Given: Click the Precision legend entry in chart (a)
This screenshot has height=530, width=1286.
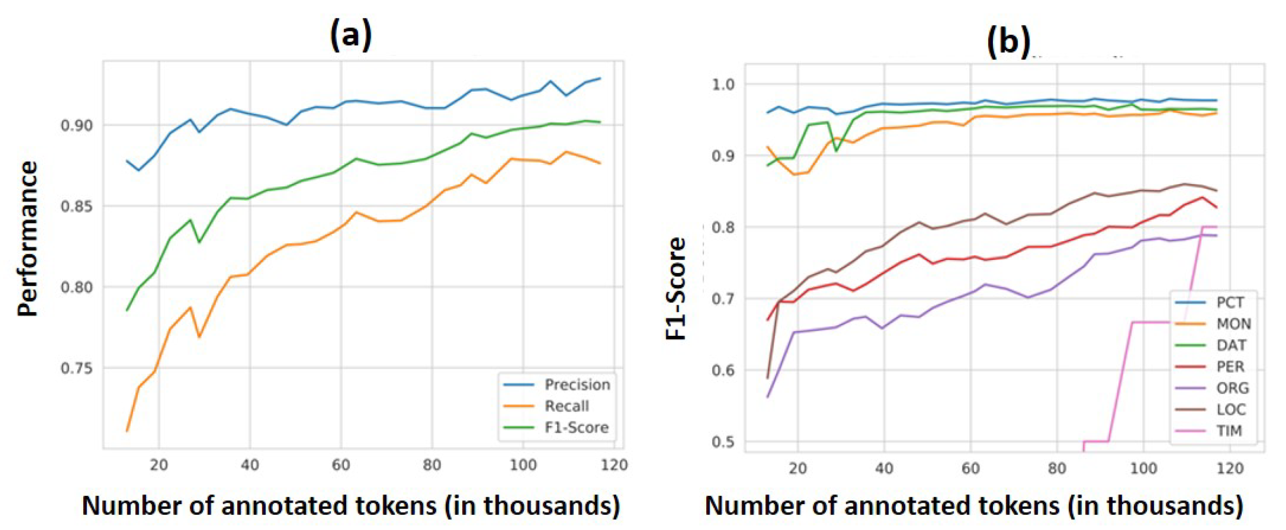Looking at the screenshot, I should tap(576, 384).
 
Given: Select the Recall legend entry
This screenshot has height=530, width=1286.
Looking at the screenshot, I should tap(567, 406).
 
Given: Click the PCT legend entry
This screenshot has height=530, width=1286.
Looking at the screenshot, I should tap(1230, 302).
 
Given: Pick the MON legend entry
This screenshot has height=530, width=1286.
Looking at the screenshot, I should tap(1234, 324).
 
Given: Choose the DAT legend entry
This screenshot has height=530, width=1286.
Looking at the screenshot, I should tap(1231, 345).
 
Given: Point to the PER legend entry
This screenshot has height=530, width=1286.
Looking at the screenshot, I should tap(1230, 367).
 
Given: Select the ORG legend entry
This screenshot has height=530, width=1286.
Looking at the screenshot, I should tap(1232, 388).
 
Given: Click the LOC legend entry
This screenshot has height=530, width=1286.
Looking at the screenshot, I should tap(1231, 410).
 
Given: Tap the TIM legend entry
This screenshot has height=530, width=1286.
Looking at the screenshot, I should tap(1229, 431).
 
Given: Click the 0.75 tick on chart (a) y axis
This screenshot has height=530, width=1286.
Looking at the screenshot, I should tap(77, 369).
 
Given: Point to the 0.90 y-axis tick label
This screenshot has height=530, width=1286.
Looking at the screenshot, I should tap(77, 125).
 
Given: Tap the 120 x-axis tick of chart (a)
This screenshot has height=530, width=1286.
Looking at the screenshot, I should tap(613, 465).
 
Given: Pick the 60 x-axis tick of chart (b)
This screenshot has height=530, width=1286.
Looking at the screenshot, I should tap(970, 468).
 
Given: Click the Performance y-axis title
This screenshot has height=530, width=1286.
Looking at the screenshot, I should tap(28, 239).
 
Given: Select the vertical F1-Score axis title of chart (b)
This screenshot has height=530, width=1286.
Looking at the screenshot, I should tap(677, 289).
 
